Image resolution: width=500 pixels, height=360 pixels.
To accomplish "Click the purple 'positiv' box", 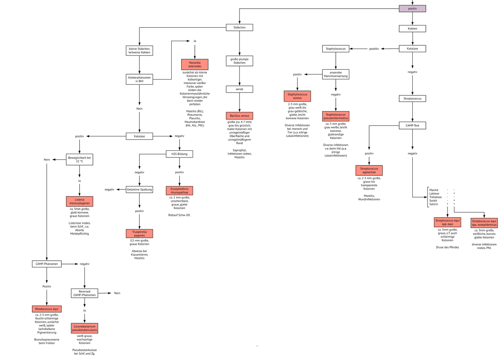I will pos(412,9).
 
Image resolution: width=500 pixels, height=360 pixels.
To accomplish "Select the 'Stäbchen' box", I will pos(239,27).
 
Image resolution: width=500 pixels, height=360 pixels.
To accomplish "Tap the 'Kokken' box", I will pos(412,28).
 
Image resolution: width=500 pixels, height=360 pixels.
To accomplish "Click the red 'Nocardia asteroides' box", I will pos(195,64).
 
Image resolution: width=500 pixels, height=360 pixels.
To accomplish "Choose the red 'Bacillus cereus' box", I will pos(239,116).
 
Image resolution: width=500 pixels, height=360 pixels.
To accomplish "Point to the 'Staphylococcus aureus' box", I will pos(297,96).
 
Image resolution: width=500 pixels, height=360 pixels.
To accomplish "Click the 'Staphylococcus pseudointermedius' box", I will pos(335,116).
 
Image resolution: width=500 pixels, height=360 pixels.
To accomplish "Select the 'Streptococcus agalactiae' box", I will pos(369,171).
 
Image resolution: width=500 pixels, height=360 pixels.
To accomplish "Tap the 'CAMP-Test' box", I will pos(412,126).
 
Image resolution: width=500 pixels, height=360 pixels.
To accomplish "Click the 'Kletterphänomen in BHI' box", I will pos(139,79).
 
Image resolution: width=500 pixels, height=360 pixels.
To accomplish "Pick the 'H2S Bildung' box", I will pos(180,154).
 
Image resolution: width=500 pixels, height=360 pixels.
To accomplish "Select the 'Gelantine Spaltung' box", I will pos(139,190).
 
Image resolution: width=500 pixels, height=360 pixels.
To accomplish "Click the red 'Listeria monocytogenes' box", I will pos(79,201).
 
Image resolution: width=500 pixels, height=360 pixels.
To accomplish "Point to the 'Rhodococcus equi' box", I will pos(46,309).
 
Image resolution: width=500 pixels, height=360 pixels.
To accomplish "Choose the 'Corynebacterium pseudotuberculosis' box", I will pos(84,328).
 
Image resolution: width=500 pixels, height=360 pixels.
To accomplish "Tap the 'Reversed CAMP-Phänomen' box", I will pos(84,293).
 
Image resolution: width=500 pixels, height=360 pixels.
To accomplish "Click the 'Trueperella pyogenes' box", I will pos(139,234).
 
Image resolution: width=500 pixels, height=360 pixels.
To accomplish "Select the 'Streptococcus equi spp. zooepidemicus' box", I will pos(484,223).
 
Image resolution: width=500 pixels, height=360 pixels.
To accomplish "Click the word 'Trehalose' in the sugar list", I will pos(435,197).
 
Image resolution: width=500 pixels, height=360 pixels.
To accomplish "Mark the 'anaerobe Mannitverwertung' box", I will pos(335,74).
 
